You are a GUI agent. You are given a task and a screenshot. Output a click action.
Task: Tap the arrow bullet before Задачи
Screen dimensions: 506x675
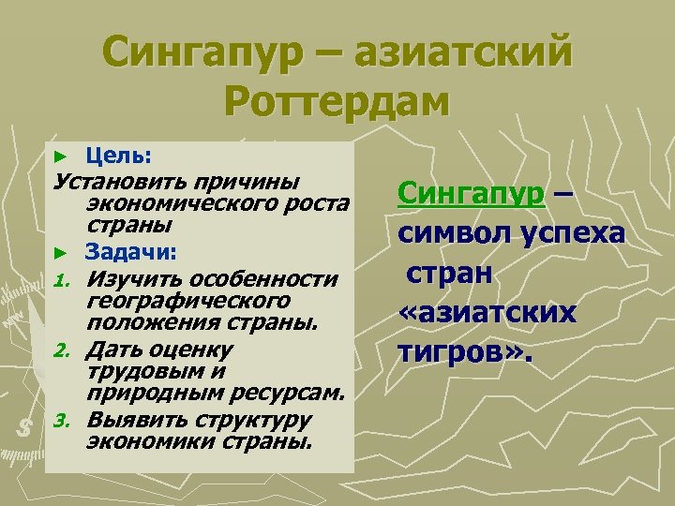point(61,253)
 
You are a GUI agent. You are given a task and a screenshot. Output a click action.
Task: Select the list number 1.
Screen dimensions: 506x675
point(61,280)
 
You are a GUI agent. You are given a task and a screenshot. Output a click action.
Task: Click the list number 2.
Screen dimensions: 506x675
point(61,350)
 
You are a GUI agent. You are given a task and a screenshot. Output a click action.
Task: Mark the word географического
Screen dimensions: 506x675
point(186,301)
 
